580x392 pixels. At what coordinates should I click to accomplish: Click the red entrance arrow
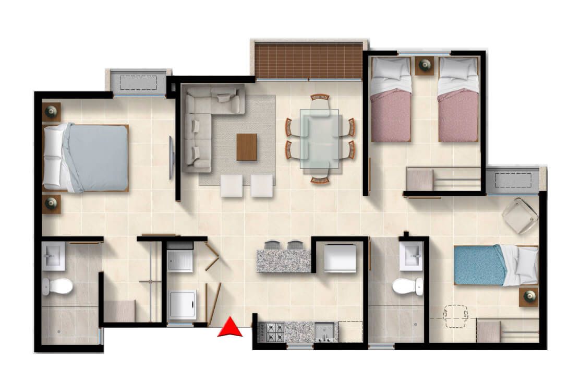tap(229, 328)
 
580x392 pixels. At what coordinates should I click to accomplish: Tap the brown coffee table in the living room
tap(246, 147)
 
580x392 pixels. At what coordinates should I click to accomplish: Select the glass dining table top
tap(319, 138)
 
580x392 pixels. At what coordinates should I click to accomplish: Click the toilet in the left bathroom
tap(57, 286)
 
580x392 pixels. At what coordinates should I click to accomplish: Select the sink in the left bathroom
tap(53, 256)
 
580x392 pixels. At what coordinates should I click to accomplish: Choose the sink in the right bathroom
tap(411, 256)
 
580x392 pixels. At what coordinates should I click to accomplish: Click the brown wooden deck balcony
tap(308, 61)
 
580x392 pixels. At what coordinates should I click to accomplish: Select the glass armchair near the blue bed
tap(520, 215)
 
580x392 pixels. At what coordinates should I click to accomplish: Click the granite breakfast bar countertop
tap(283, 260)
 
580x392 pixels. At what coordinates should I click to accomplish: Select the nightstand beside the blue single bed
tap(529, 296)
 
